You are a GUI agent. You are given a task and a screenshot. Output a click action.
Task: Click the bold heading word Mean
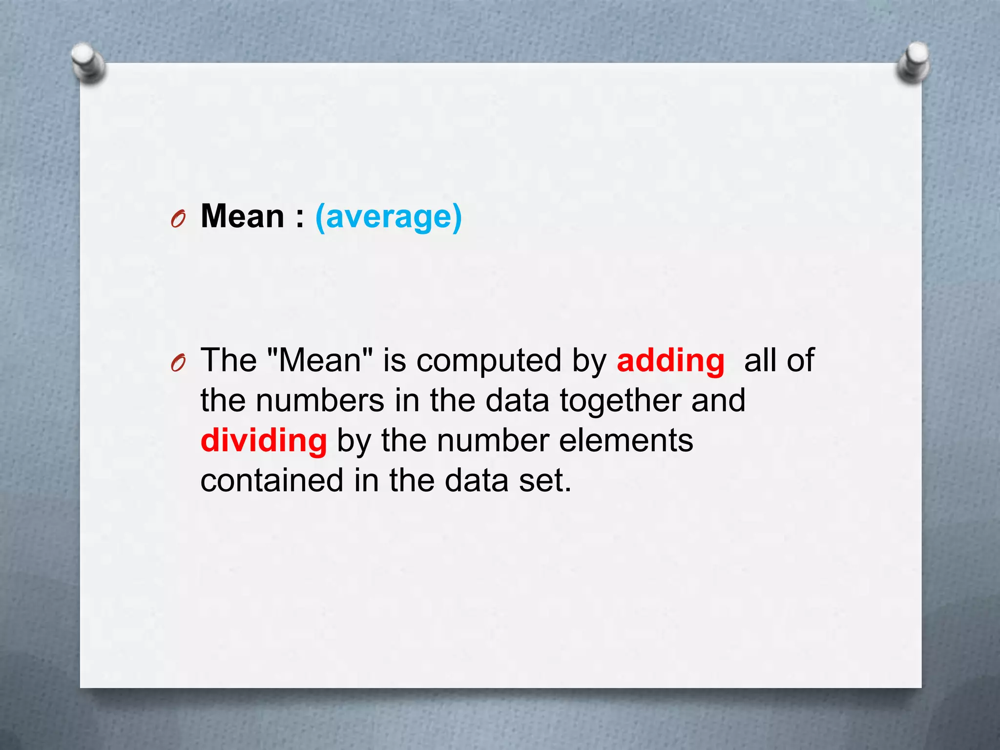tap(243, 216)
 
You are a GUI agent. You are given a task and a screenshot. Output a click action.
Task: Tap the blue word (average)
tap(388, 217)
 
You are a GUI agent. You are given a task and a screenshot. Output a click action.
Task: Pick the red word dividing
tap(264, 440)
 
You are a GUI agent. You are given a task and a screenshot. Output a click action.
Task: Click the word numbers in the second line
tap(320, 400)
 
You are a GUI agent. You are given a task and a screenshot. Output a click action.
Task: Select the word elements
tap(625, 440)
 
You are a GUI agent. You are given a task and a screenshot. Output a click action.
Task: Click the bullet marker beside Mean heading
tap(178, 220)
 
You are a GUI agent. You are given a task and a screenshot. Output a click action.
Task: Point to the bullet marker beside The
tap(178, 363)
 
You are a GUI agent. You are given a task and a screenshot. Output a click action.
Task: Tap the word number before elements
tap(493, 440)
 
